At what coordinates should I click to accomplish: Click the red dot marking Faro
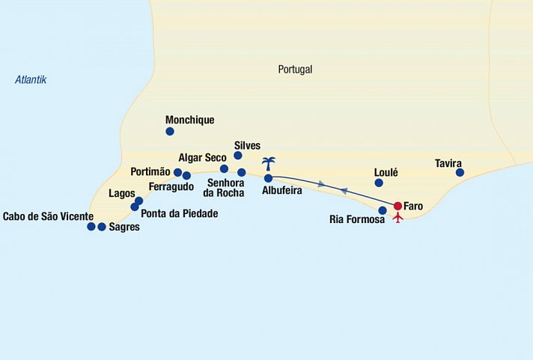[398, 206]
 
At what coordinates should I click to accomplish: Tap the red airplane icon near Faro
[398, 218]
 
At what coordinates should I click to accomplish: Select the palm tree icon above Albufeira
[268, 165]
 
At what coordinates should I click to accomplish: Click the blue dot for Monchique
[170, 132]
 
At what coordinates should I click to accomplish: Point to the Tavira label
[448, 163]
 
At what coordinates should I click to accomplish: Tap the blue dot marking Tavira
[460, 173]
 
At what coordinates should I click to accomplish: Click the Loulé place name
[386, 172]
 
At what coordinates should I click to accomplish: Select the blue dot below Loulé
[379, 183]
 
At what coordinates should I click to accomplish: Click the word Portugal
[295, 70]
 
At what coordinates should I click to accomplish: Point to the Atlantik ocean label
[31, 79]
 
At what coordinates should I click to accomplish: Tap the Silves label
[247, 145]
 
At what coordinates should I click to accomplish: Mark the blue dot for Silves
[238, 156]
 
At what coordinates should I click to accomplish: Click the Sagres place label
[124, 227]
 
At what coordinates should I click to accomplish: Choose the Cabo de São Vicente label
[49, 217]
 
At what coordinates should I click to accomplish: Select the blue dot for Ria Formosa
[383, 210]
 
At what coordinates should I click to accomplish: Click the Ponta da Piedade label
[180, 213]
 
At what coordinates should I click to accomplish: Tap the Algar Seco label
[203, 158]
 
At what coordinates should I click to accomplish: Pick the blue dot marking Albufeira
[268, 178]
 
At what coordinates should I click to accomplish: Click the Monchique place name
[189, 120]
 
